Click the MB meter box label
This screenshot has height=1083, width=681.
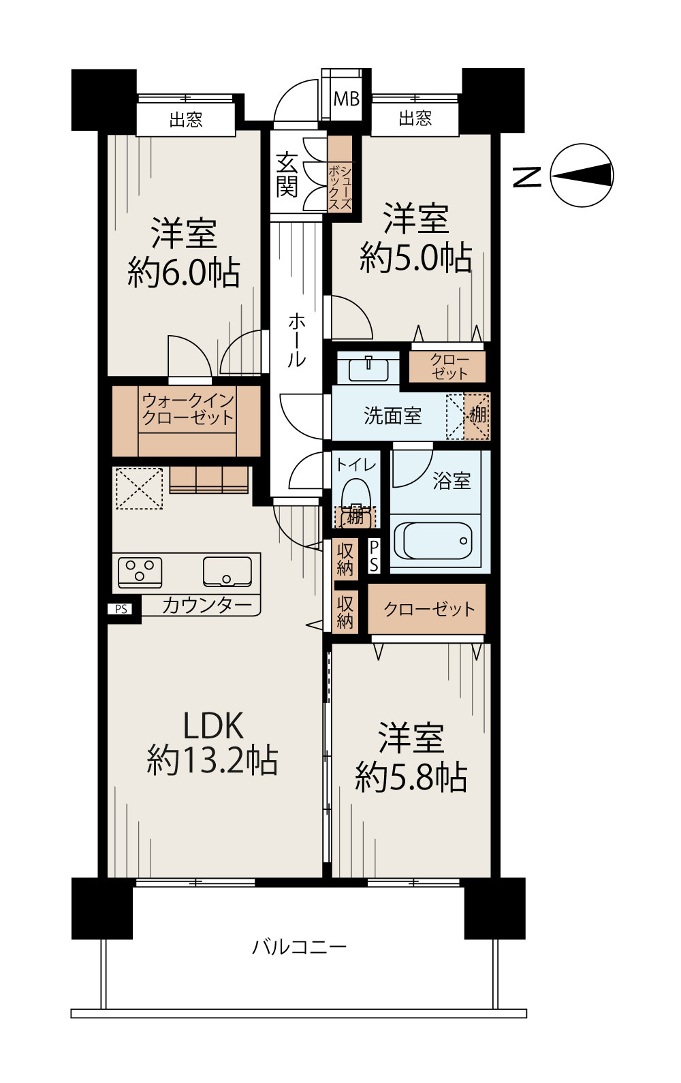(347, 99)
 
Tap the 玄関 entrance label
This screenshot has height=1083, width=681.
(287, 175)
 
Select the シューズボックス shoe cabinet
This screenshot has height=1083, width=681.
(340, 174)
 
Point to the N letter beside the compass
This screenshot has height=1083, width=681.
(527, 177)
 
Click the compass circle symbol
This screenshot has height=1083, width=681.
(582, 175)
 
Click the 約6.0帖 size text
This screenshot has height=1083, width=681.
(184, 272)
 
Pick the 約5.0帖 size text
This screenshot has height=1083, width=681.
(415, 257)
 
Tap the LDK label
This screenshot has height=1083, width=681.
(212, 725)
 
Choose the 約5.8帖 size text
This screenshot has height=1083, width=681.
(411, 778)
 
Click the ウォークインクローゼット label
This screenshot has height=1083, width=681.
(188, 409)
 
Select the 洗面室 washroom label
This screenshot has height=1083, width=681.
(392, 415)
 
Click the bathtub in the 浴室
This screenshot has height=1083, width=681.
(433, 541)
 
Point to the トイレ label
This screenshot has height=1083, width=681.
(355, 465)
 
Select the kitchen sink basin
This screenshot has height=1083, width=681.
(227, 572)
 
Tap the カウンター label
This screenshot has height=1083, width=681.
(207, 606)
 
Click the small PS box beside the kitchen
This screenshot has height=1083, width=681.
(121, 609)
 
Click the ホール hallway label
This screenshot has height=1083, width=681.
(297, 340)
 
